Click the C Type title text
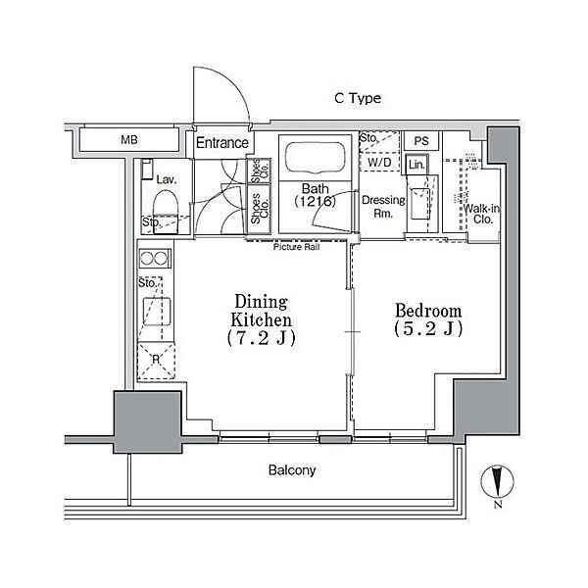pos(358,98)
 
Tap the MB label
pos(129,140)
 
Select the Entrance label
pos(222,143)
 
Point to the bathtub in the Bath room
pos(315,158)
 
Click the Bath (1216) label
pos(315,195)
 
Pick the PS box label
pos(421,141)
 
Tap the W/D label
pos(379,163)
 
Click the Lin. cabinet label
pos(416,164)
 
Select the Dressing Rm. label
pos(383,207)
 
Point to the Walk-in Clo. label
pos(482,214)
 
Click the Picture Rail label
pos(296,247)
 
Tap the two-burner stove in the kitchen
pos(155,259)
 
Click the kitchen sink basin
pos(157,312)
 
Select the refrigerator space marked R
pos(156,360)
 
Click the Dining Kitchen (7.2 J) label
pos(262,319)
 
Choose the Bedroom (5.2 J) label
pos(428,319)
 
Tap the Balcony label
pos(292,470)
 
